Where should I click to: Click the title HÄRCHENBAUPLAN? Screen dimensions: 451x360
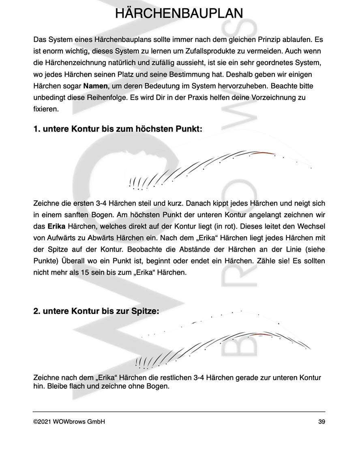180,13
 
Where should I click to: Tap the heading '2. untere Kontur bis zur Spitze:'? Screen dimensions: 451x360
96,312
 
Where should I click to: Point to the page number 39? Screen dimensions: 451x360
321,422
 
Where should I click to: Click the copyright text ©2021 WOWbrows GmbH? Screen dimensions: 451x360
69,422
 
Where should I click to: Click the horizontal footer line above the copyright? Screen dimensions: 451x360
179,412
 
